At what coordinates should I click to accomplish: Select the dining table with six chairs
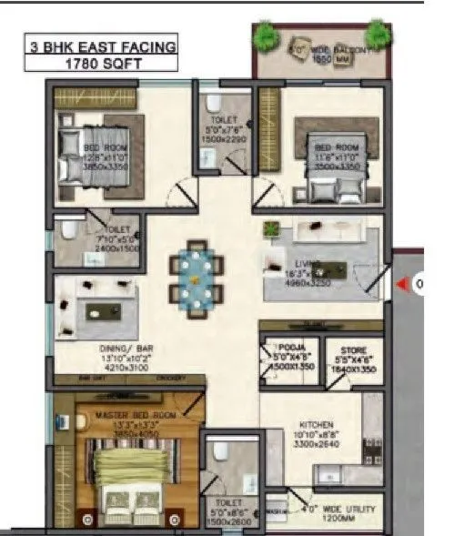(195, 273)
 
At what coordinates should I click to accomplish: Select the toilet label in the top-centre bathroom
(223, 119)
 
